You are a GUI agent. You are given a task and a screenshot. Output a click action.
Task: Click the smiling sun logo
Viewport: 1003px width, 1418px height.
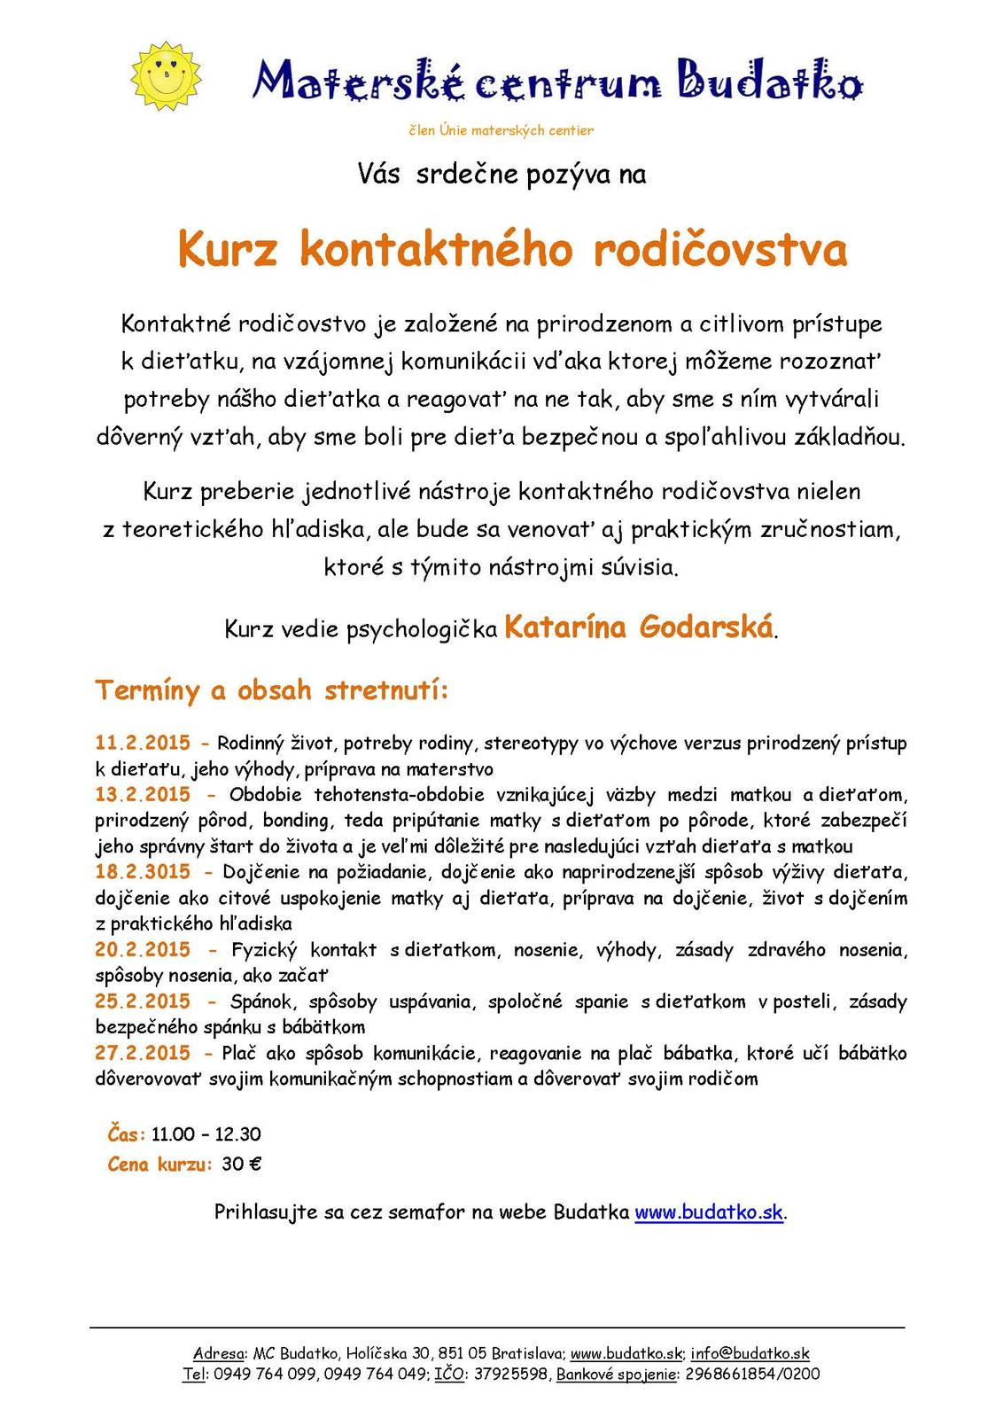pyautogui.click(x=166, y=75)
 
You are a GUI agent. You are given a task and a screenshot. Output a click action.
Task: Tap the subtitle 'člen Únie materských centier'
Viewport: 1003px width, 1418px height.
pyautogui.click(x=501, y=130)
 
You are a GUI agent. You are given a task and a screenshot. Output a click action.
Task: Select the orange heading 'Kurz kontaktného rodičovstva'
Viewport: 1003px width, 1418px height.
pyautogui.click(x=512, y=249)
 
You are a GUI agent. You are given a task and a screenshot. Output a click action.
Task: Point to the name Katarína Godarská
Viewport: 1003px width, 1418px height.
pyautogui.click(x=639, y=627)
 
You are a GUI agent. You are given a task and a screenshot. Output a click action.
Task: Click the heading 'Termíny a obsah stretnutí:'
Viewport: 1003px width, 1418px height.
pyautogui.click(x=272, y=690)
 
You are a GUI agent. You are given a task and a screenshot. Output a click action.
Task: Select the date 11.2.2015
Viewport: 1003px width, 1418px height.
pyautogui.click(x=143, y=743)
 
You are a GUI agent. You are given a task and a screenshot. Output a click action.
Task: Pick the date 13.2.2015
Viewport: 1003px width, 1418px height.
pyautogui.click(x=143, y=794)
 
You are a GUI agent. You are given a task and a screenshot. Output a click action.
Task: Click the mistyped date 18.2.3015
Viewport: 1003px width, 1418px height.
pyautogui.click(x=143, y=872)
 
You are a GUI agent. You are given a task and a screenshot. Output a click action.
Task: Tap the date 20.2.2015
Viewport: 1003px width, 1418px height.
pyautogui.click(x=143, y=950)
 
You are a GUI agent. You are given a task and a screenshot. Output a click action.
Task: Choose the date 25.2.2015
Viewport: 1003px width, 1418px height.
pyautogui.click(x=143, y=1001)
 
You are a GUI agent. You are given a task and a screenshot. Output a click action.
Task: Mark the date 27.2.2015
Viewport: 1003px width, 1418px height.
pyautogui.click(x=143, y=1053)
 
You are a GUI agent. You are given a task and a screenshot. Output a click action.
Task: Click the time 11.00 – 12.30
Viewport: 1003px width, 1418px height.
pyautogui.click(x=206, y=1134)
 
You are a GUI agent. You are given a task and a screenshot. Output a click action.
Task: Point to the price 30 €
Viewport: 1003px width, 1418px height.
pyautogui.click(x=241, y=1165)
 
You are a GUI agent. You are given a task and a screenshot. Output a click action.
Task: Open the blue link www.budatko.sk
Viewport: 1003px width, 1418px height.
pyautogui.click(x=709, y=1212)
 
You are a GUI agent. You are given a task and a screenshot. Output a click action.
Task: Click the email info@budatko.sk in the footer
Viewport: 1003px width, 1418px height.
pyautogui.click(x=750, y=1353)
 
